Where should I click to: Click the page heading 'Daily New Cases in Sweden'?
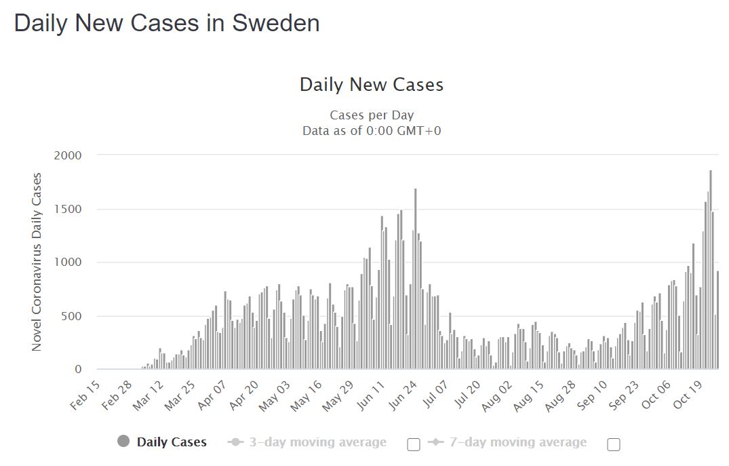pos(167,23)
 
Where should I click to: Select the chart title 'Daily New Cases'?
pos(371,85)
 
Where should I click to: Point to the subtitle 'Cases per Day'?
pos(371,115)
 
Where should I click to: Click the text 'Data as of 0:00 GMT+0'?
pos(371,130)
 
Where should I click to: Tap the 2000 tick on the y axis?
pos(67,155)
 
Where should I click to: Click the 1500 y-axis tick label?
pos(67,209)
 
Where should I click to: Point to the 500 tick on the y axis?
pos(70,316)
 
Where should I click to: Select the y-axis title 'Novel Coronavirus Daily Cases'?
pos(37,262)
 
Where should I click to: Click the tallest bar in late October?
pos(710,271)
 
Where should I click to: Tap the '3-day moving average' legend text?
pos(317,442)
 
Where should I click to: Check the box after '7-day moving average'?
pos(614,444)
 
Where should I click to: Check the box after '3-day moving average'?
pos(414,444)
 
